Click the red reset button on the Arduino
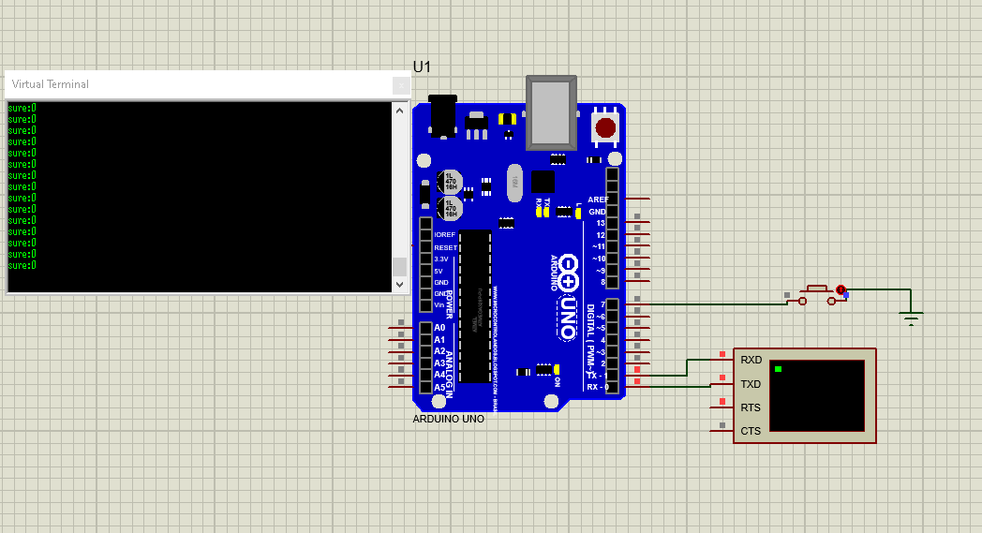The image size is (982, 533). click(605, 126)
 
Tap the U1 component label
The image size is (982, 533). click(423, 67)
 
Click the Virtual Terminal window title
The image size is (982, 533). click(51, 84)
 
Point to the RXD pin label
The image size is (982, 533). click(751, 360)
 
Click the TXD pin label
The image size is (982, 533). click(751, 384)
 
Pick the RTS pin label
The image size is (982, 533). click(751, 407)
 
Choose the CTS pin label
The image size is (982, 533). click(751, 431)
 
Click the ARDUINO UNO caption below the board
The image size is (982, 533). click(449, 419)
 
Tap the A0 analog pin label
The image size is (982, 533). click(439, 328)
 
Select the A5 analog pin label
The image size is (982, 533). click(439, 387)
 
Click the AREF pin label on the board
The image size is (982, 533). click(597, 200)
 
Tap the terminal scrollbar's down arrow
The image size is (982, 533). click(399, 284)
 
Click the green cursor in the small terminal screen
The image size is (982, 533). click(779, 369)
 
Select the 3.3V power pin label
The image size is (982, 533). click(441, 259)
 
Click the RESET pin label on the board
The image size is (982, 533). click(445, 247)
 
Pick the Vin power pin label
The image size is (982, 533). click(439, 305)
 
